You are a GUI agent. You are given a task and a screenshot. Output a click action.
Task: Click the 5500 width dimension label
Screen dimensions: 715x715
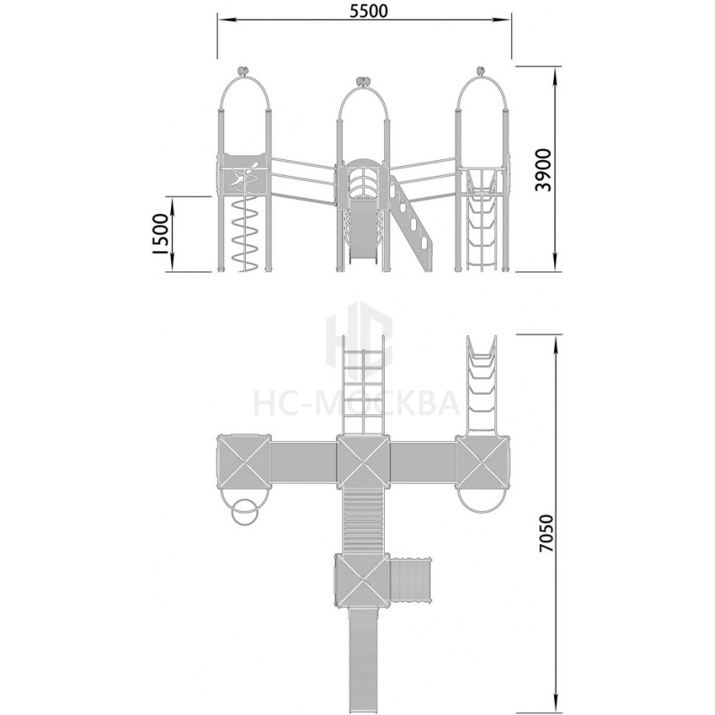[368, 11]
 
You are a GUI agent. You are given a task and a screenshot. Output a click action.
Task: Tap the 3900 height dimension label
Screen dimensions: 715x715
[543, 169]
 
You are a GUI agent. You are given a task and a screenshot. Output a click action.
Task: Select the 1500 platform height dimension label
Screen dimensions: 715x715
[160, 234]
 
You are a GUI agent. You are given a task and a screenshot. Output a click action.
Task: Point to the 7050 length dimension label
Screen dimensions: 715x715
[546, 533]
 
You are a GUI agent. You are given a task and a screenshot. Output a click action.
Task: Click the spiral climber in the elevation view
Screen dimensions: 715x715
[245, 234]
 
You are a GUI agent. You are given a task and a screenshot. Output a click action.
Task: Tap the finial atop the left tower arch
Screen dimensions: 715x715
[244, 71]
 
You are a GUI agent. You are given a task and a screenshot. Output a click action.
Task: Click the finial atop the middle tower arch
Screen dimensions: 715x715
[363, 82]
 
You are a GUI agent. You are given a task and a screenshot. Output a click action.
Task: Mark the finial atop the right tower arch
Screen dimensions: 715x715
[481, 71]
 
